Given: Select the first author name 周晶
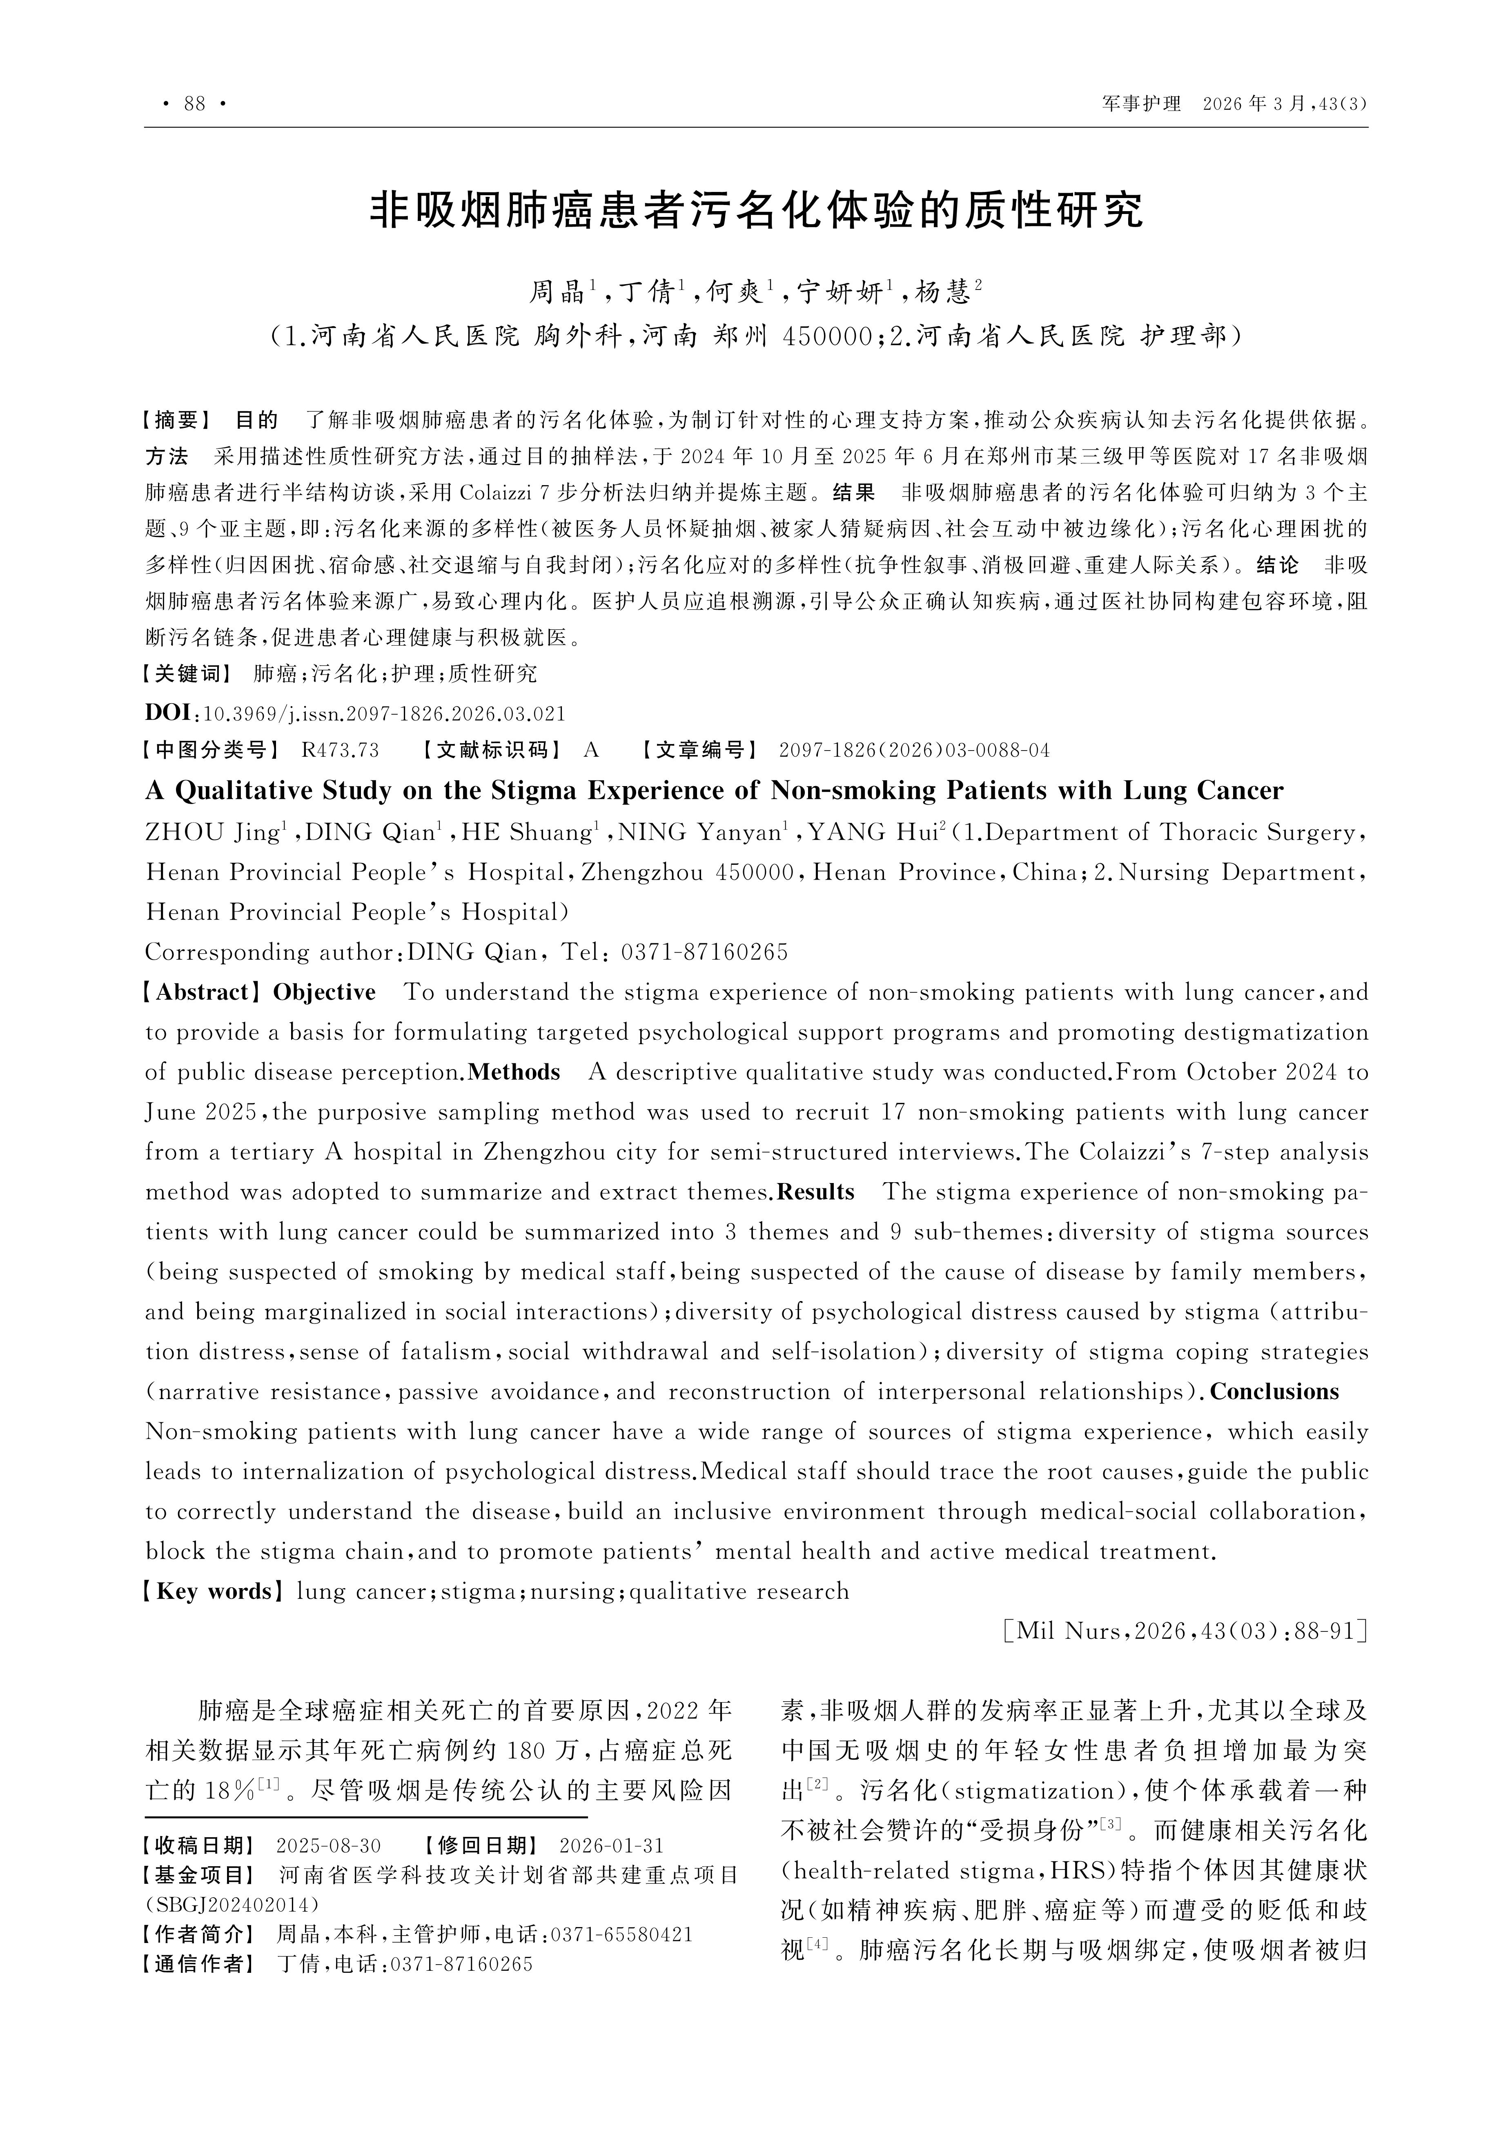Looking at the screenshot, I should click(x=557, y=292).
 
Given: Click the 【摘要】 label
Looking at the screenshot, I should click(x=177, y=420).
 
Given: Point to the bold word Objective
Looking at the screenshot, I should click(x=324, y=992).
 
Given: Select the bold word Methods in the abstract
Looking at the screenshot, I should click(x=514, y=1072).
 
